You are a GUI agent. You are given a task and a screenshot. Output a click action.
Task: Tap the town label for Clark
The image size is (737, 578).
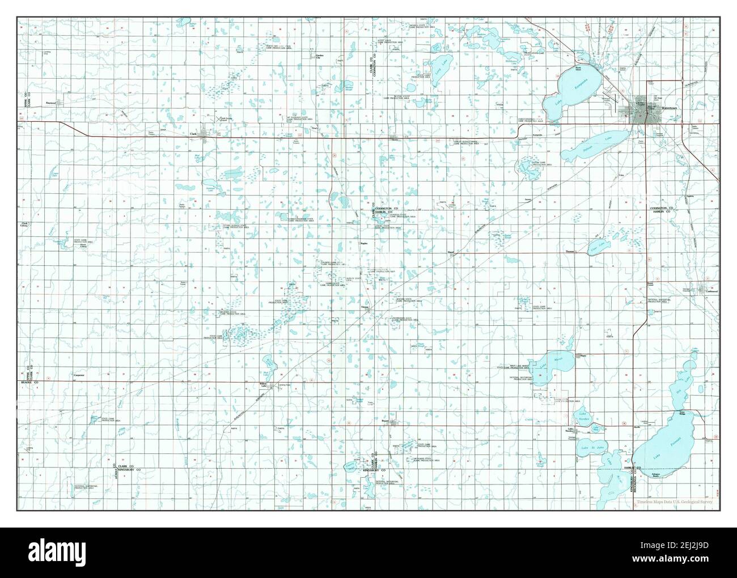[193, 134]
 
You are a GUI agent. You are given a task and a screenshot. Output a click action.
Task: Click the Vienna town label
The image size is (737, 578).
[366, 307]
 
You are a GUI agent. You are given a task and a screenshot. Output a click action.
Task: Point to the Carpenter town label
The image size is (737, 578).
[78, 375]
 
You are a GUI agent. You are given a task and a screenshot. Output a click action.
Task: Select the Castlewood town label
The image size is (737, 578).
[709, 292]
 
